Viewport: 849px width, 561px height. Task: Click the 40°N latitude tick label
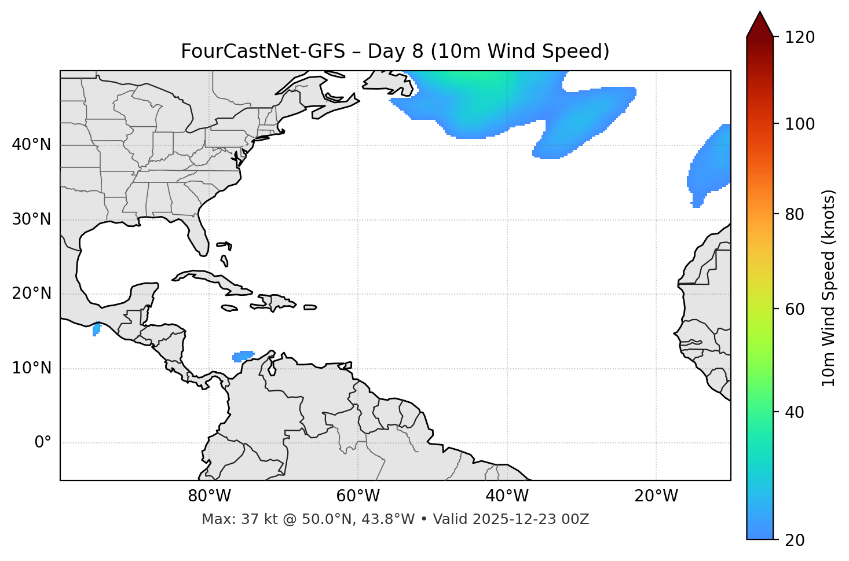point(31,145)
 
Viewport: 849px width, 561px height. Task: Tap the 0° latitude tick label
point(43,443)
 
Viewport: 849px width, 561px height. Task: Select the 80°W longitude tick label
point(209,496)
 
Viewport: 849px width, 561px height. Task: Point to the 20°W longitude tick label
point(656,496)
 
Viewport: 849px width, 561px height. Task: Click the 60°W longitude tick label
point(358,496)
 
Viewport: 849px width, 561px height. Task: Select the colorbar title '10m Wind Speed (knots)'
point(829,288)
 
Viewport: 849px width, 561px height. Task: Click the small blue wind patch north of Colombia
point(243,355)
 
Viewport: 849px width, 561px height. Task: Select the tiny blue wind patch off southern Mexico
point(96,329)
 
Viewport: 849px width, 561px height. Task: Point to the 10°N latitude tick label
point(31,368)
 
